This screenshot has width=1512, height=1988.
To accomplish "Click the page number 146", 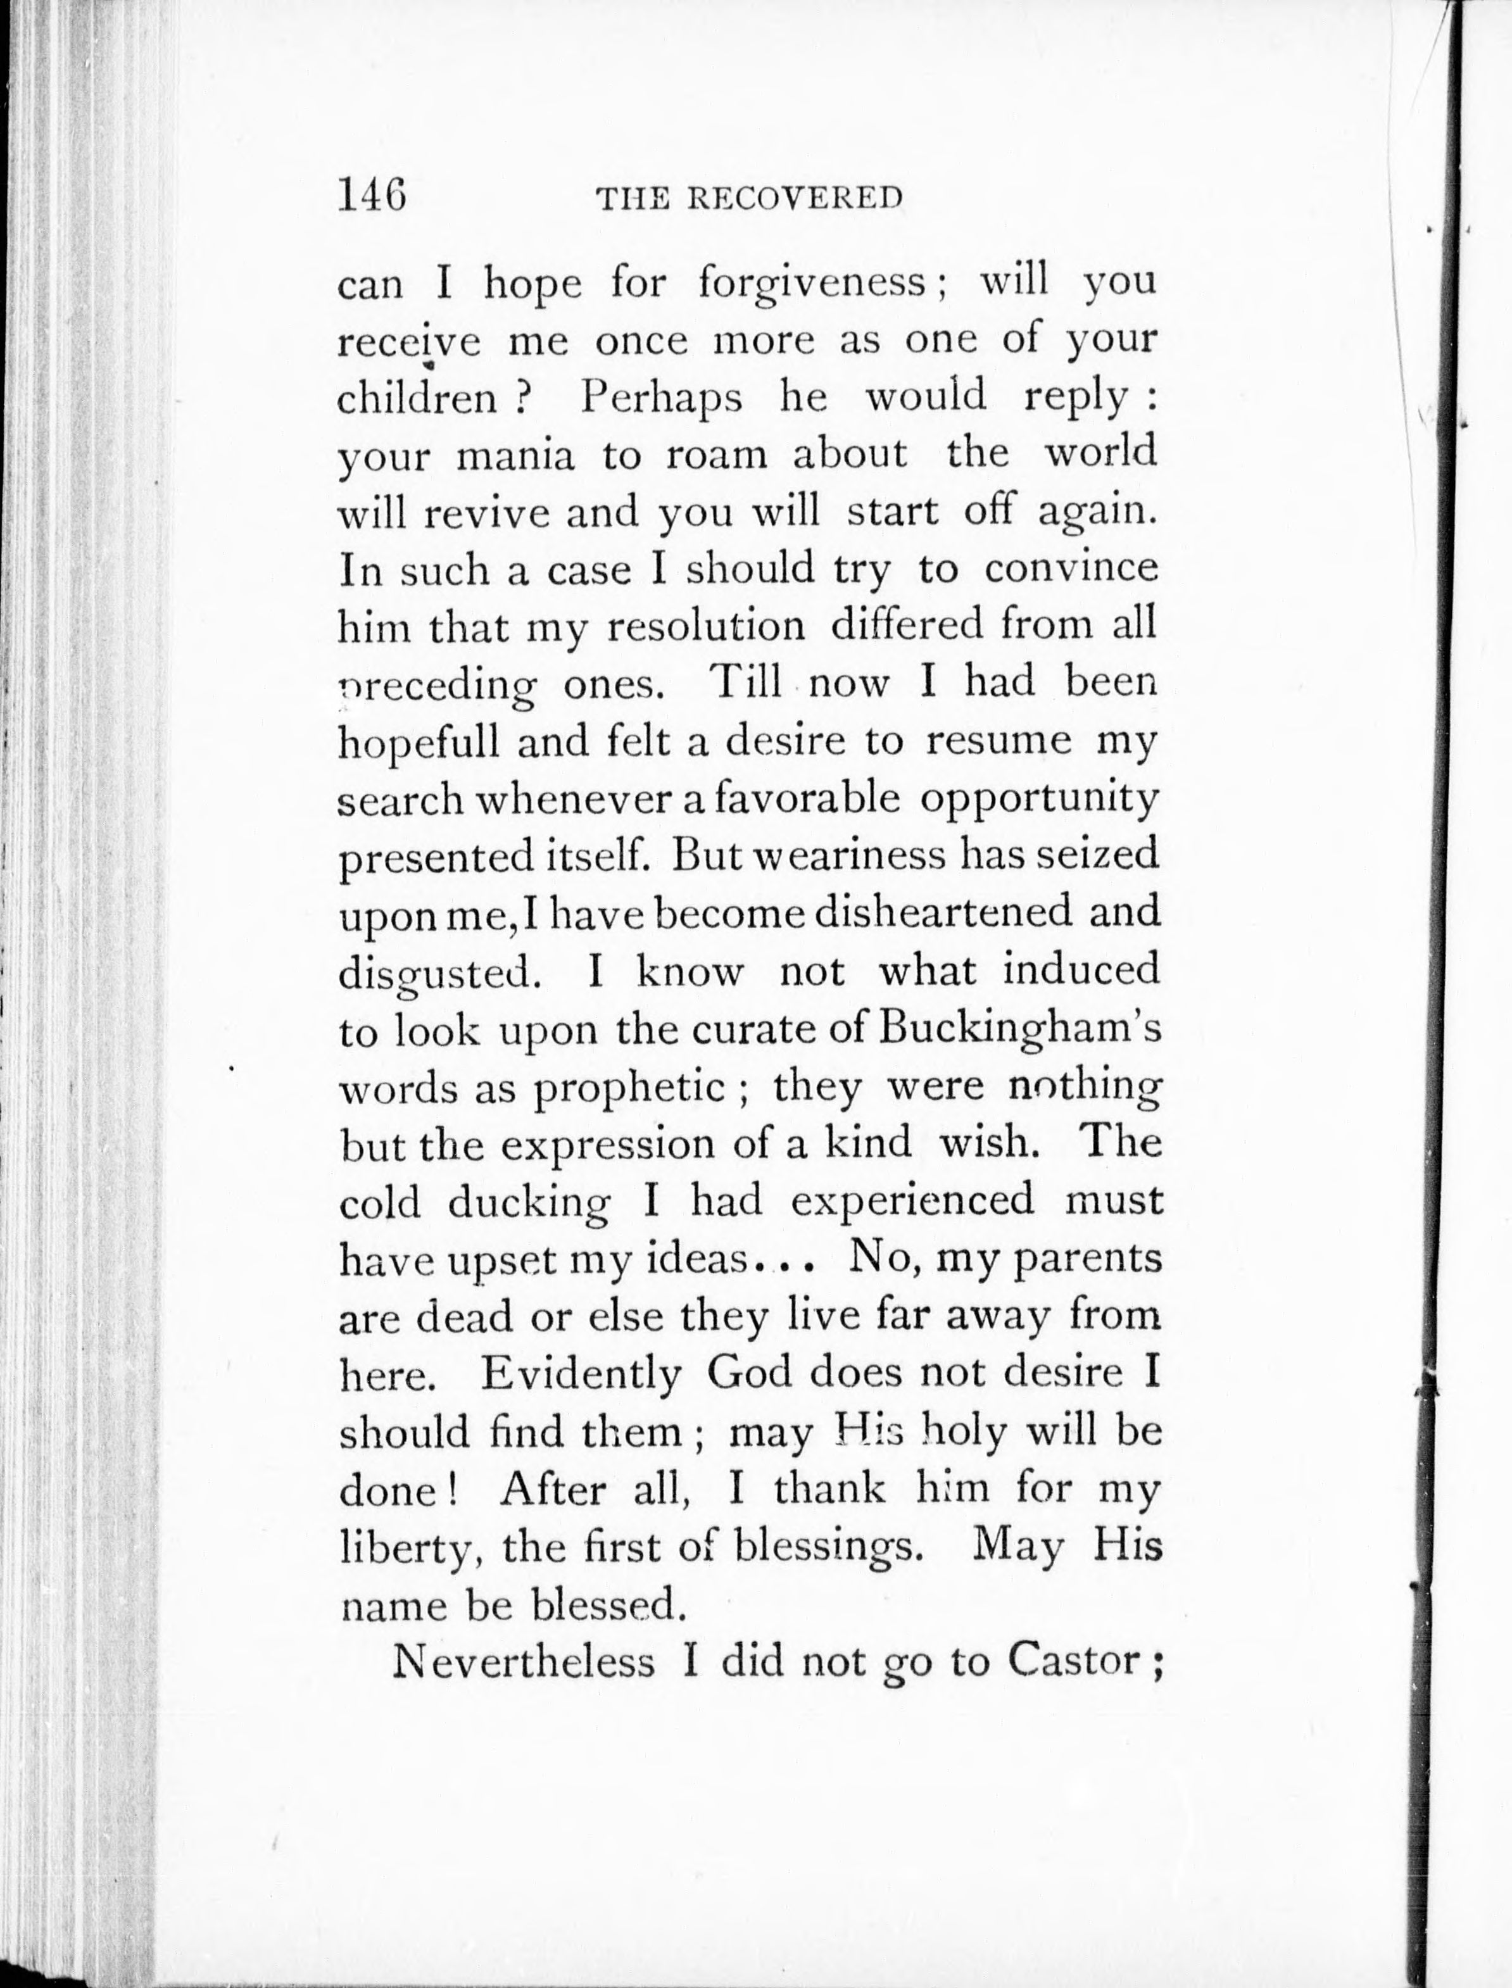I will coord(372,194).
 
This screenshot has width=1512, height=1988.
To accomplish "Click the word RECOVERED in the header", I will coord(795,199).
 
